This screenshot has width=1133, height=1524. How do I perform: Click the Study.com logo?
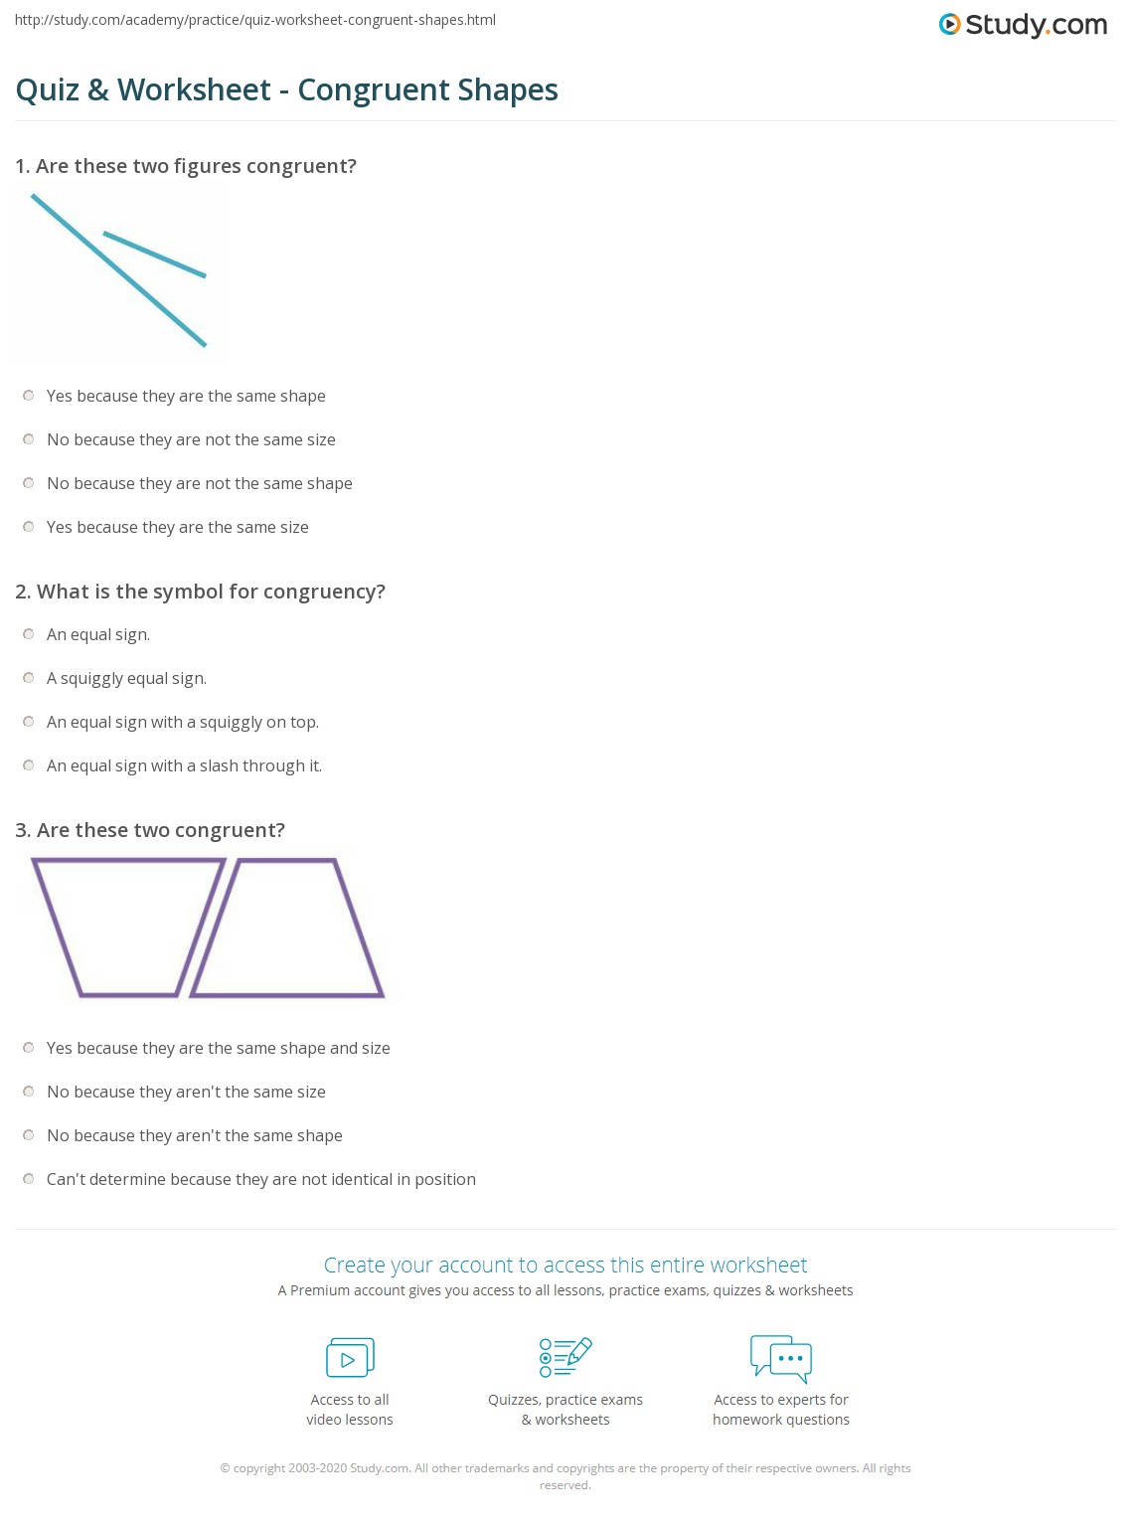(x=1023, y=24)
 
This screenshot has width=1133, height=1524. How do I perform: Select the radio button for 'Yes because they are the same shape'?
(x=29, y=396)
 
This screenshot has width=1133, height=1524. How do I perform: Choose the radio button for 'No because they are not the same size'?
(x=29, y=439)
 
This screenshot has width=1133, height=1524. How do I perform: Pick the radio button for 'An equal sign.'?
(x=29, y=634)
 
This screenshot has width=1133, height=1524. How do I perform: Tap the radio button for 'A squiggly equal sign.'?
(x=29, y=678)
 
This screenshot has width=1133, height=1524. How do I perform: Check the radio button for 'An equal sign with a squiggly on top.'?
(x=29, y=722)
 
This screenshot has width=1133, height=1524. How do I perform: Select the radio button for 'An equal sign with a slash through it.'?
(x=29, y=765)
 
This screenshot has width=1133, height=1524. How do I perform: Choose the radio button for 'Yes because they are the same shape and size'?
(x=29, y=1048)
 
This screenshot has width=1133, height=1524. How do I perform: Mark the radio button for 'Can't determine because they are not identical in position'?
(x=29, y=1179)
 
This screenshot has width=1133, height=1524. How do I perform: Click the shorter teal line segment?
(x=154, y=254)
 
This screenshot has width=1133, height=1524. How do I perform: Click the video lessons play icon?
(x=350, y=1358)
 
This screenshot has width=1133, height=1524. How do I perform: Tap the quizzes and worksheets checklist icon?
(x=566, y=1357)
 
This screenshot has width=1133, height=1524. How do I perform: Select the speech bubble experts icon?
(x=781, y=1358)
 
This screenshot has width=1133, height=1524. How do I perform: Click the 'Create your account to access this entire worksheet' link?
(x=566, y=1265)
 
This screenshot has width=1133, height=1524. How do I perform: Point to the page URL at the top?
(x=255, y=20)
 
